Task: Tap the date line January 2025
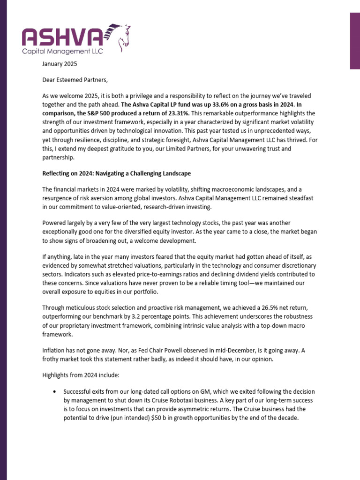(x=60, y=64)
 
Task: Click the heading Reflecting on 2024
(x=116, y=173)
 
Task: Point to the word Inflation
(x=55, y=351)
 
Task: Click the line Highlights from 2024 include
(x=78, y=375)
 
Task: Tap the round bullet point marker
(x=56, y=391)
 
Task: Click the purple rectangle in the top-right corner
(x=355, y=41)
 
